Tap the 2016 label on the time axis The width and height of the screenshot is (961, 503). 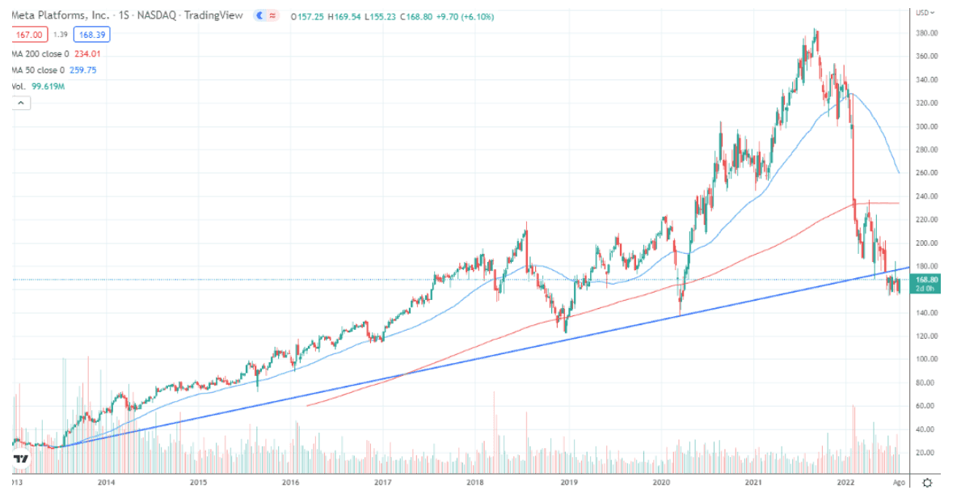click(x=291, y=482)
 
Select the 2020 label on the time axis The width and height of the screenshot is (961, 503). click(x=661, y=482)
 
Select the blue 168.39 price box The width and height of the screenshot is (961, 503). click(x=91, y=34)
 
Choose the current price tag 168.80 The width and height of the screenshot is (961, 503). click(x=925, y=279)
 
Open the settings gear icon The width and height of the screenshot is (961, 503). click(x=928, y=483)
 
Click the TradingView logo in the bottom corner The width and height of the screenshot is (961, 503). click(x=21, y=459)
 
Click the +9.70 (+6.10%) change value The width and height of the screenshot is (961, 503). click(x=464, y=16)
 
